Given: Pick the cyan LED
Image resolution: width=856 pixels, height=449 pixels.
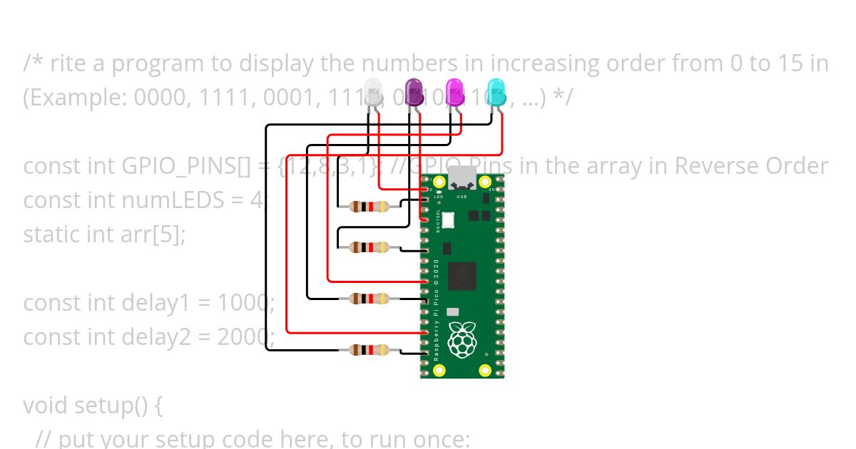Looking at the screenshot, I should pos(496,93).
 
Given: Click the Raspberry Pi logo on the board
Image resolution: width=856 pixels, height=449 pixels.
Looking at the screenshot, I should pos(462,340).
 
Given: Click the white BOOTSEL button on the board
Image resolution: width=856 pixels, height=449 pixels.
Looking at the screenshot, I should pos(448,220).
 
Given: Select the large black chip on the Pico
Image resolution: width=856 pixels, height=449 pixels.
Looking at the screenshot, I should pos(462,275).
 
